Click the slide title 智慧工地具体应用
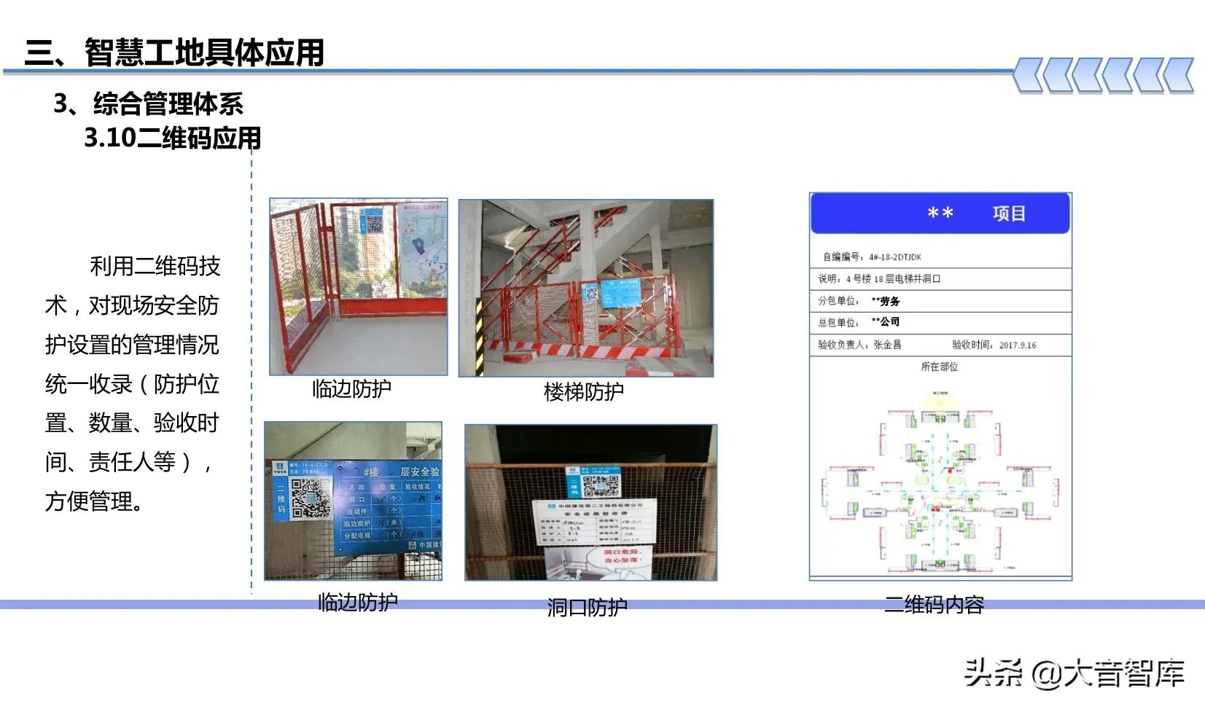[x=174, y=52]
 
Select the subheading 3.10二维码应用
[x=172, y=138]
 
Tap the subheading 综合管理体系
[x=168, y=104]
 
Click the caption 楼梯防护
[x=583, y=392]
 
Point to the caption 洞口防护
[x=587, y=607]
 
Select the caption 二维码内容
[x=934, y=604]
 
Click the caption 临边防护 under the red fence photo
[x=351, y=389]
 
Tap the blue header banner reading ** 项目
[x=940, y=214]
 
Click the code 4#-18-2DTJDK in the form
[x=894, y=257]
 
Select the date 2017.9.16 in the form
[x=1017, y=345]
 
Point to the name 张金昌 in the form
[x=887, y=345]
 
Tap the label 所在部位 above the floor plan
[x=939, y=367]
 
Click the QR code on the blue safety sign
[x=310, y=498]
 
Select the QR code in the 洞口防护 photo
[x=601, y=485]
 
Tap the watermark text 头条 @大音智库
[x=1074, y=673]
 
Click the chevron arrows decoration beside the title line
[x=1103, y=75]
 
